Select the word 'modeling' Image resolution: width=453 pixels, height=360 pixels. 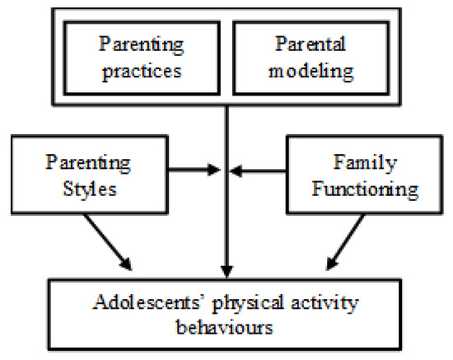click(x=311, y=71)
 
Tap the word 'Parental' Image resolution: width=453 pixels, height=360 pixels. click(x=311, y=44)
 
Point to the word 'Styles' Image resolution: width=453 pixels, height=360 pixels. click(x=90, y=189)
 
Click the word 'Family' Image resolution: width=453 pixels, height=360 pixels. click(x=365, y=163)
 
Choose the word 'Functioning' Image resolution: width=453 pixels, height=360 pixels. click(x=365, y=189)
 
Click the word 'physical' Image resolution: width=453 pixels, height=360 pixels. click(x=248, y=304)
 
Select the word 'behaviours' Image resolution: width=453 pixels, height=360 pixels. click(x=225, y=328)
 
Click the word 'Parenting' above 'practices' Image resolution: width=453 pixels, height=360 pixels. click(x=142, y=45)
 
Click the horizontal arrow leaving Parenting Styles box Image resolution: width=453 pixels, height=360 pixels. click(x=194, y=170)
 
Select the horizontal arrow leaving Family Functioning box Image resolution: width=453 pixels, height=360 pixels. click(x=258, y=171)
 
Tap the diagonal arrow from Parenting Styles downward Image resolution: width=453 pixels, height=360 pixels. click(x=107, y=242)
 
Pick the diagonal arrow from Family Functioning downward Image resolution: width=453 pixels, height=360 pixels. click(x=346, y=242)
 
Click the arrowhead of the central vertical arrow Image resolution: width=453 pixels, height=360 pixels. click(x=227, y=272)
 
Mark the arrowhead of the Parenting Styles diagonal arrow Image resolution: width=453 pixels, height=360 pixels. click(x=127, y=264)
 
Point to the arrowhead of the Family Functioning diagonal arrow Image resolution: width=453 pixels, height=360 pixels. click(x=332, y=264)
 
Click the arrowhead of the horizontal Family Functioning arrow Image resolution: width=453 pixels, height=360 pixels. click(x=236, y=171)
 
